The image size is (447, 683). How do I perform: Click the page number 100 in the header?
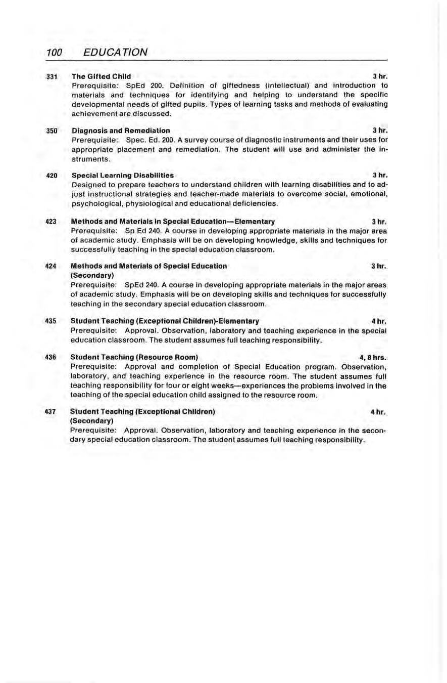point(54,52)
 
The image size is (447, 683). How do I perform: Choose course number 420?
point(52,175)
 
